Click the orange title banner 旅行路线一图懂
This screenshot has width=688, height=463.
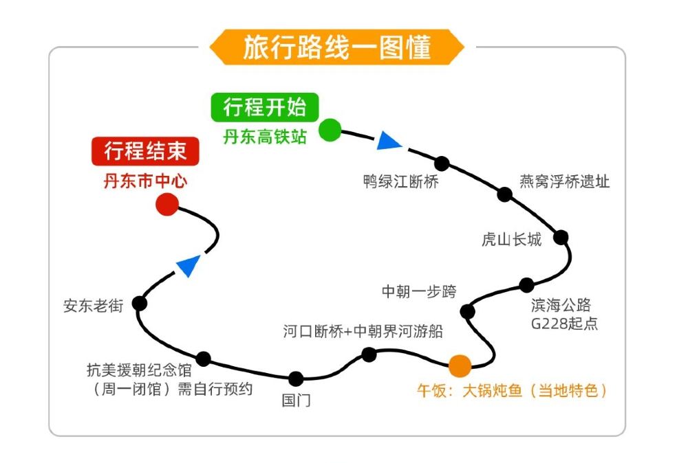pos(336,47)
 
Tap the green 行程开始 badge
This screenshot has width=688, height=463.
pos(264,107)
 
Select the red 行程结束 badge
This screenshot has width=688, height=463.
pos(145,150)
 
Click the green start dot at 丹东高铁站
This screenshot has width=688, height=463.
pos(330,129)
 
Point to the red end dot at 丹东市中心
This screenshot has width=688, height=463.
pos(167,204)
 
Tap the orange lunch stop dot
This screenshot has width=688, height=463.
pos(460,364)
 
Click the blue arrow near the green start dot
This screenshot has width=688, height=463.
pos(389,141)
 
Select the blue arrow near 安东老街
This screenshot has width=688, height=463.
pos(187,265)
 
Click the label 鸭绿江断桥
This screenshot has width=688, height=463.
pos(400,182)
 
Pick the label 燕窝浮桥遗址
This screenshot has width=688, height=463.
pos(564,182)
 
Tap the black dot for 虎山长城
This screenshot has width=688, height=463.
pos(561,237)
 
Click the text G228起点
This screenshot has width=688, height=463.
pos(564,324)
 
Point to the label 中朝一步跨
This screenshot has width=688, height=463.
pos(419,291)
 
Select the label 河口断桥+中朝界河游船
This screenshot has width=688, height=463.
pos(363,331)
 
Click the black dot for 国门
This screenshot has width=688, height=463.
pos(296,379)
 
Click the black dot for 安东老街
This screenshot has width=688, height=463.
pos(140,303)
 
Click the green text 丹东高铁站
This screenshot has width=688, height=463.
pos(265,137)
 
